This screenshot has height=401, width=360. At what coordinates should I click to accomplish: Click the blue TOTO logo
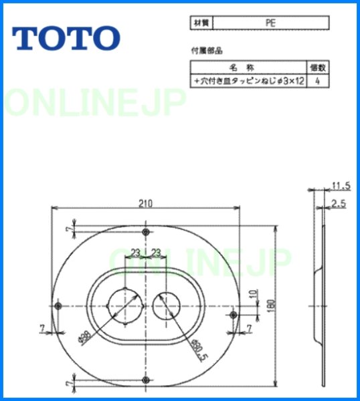[66, 38]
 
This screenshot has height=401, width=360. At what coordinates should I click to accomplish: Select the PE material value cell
[270, 23]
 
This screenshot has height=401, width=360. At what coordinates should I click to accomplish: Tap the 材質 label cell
[201, 23]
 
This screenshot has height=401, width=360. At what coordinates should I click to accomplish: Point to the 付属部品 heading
[204, 51]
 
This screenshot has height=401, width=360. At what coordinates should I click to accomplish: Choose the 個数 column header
[317, 68]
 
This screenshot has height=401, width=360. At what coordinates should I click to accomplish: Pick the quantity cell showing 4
[317, 80]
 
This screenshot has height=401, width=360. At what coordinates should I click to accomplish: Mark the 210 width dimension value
[145, 202]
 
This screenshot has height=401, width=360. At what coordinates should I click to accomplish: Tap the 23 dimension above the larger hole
[136, 252]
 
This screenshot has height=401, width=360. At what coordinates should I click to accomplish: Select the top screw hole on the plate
[146, 231]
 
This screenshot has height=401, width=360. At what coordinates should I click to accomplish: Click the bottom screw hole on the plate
[146, 380]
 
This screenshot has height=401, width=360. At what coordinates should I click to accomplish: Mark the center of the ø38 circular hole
[125, 305]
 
